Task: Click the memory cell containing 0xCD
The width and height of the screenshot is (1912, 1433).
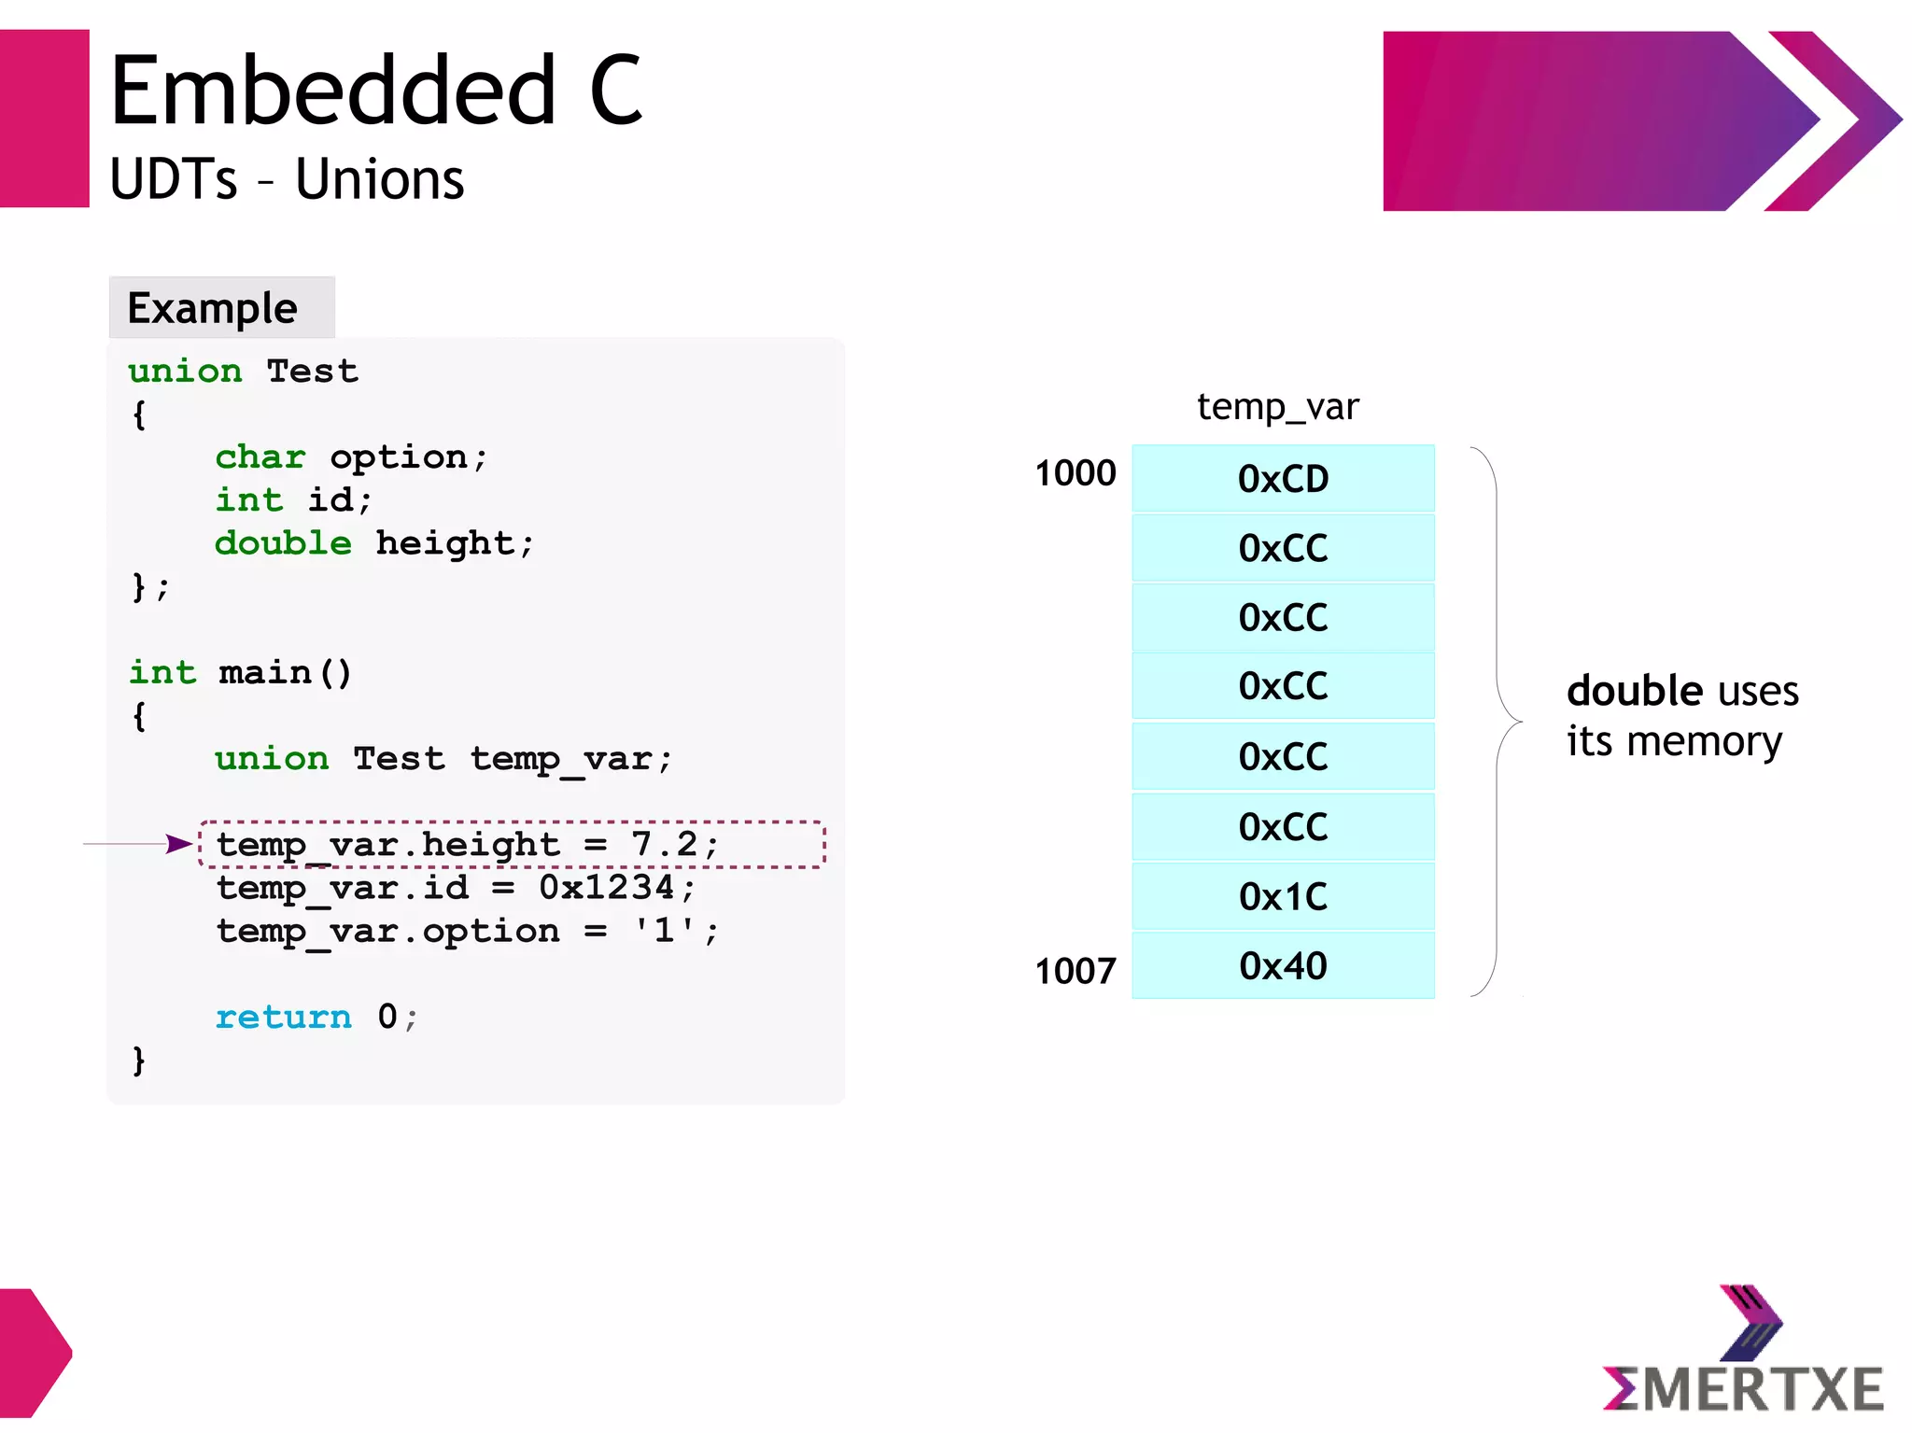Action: (1283, 479)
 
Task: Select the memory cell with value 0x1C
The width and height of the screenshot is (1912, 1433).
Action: (1283, 896)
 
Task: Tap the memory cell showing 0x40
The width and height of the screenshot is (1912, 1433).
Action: (1283, 966)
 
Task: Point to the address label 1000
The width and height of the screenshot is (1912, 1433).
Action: (1075, 473)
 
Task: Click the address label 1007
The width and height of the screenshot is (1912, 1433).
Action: (1075, 971)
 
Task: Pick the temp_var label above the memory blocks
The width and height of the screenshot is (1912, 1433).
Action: (1277, 407)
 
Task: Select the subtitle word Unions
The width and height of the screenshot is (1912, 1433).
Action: (379, 179)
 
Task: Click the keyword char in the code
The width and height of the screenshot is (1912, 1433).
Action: (260, 457)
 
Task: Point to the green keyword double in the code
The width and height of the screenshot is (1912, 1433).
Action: (283, 543)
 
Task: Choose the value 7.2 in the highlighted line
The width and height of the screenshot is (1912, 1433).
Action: (664, 844)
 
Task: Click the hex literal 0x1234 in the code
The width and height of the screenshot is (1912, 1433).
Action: (607, 887)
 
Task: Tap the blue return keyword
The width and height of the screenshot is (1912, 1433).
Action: (283, 1017)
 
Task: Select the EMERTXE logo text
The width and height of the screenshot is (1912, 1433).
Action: (1743, 1389)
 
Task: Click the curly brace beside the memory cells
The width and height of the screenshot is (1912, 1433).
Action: (1497, 722)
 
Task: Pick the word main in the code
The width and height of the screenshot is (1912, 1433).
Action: (265, 673)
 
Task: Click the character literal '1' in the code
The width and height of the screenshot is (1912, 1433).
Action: (664, 931)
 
